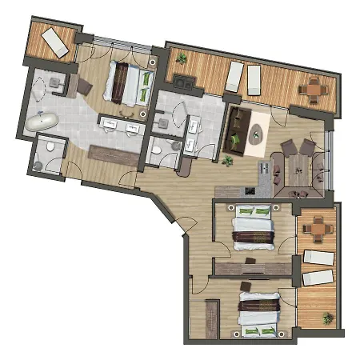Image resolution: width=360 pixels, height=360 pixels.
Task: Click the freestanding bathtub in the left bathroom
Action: (42, 122)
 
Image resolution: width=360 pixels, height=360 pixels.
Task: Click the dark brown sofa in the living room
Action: (235, 130)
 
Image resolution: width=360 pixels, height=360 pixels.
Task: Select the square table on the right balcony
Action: (318, 229)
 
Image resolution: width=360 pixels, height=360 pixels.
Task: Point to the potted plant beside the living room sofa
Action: (228, 162)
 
